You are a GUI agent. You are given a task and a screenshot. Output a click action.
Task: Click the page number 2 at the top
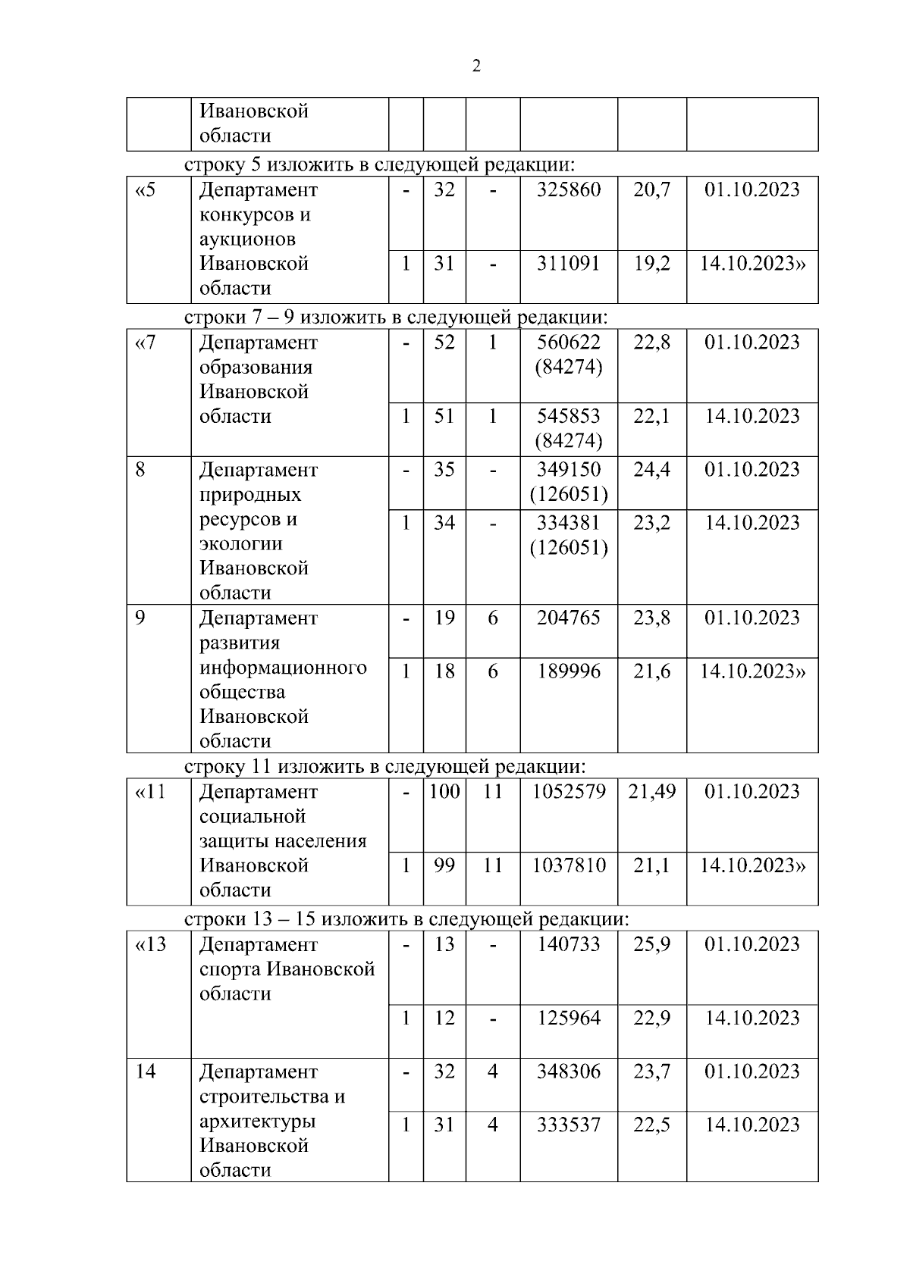pyautogui.click(x=476, y=66)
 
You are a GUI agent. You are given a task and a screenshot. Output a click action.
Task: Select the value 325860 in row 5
pyautogui.click(x=569, y=189)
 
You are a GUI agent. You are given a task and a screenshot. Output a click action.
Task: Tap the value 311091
pyautogui.click(x=569, y=264)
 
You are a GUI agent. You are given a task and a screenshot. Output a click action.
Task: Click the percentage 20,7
pyautogui.click(x=652, y=189)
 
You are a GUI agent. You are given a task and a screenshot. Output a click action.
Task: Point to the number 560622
pyautogui.click(x=569, y=343)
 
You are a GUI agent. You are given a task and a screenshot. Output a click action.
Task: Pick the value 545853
pyautogui.click(x=569, y=416)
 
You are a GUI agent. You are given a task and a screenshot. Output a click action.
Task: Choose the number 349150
pyautogui.click(x=569, y=470)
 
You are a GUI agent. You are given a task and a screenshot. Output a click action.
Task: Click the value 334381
pyautogui.click(x=569, y=523)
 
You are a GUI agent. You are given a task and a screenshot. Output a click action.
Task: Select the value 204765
pyautogui.click(x=569, y=618)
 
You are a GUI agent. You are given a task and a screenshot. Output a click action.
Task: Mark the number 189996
pyautogui.click(x=569, y=671)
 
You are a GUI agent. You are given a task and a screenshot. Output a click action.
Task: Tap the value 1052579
pyautogui.click(x=569, y=792)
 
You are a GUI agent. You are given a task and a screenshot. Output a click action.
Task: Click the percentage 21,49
pyautogui.click(x=652, y=792)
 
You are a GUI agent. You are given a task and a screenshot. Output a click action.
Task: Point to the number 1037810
pyautogui.click(x=569, y=865)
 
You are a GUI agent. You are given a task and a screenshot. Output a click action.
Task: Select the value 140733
pyautogui.click(x=569, y=944)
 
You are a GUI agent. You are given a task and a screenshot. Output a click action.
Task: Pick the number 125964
pyautogui.click(x=569, y=1018)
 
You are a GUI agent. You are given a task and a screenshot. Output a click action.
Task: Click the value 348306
pyautogui.click(x=569, y=1072)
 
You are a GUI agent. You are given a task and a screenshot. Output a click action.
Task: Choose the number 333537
pyautogui.click(x=569, y=1125)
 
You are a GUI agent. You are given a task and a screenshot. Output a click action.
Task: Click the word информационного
pyautogui.click(x=283, y=668)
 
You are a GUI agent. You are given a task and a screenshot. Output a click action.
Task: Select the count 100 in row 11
pyautogui.click(x=444, y=792)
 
